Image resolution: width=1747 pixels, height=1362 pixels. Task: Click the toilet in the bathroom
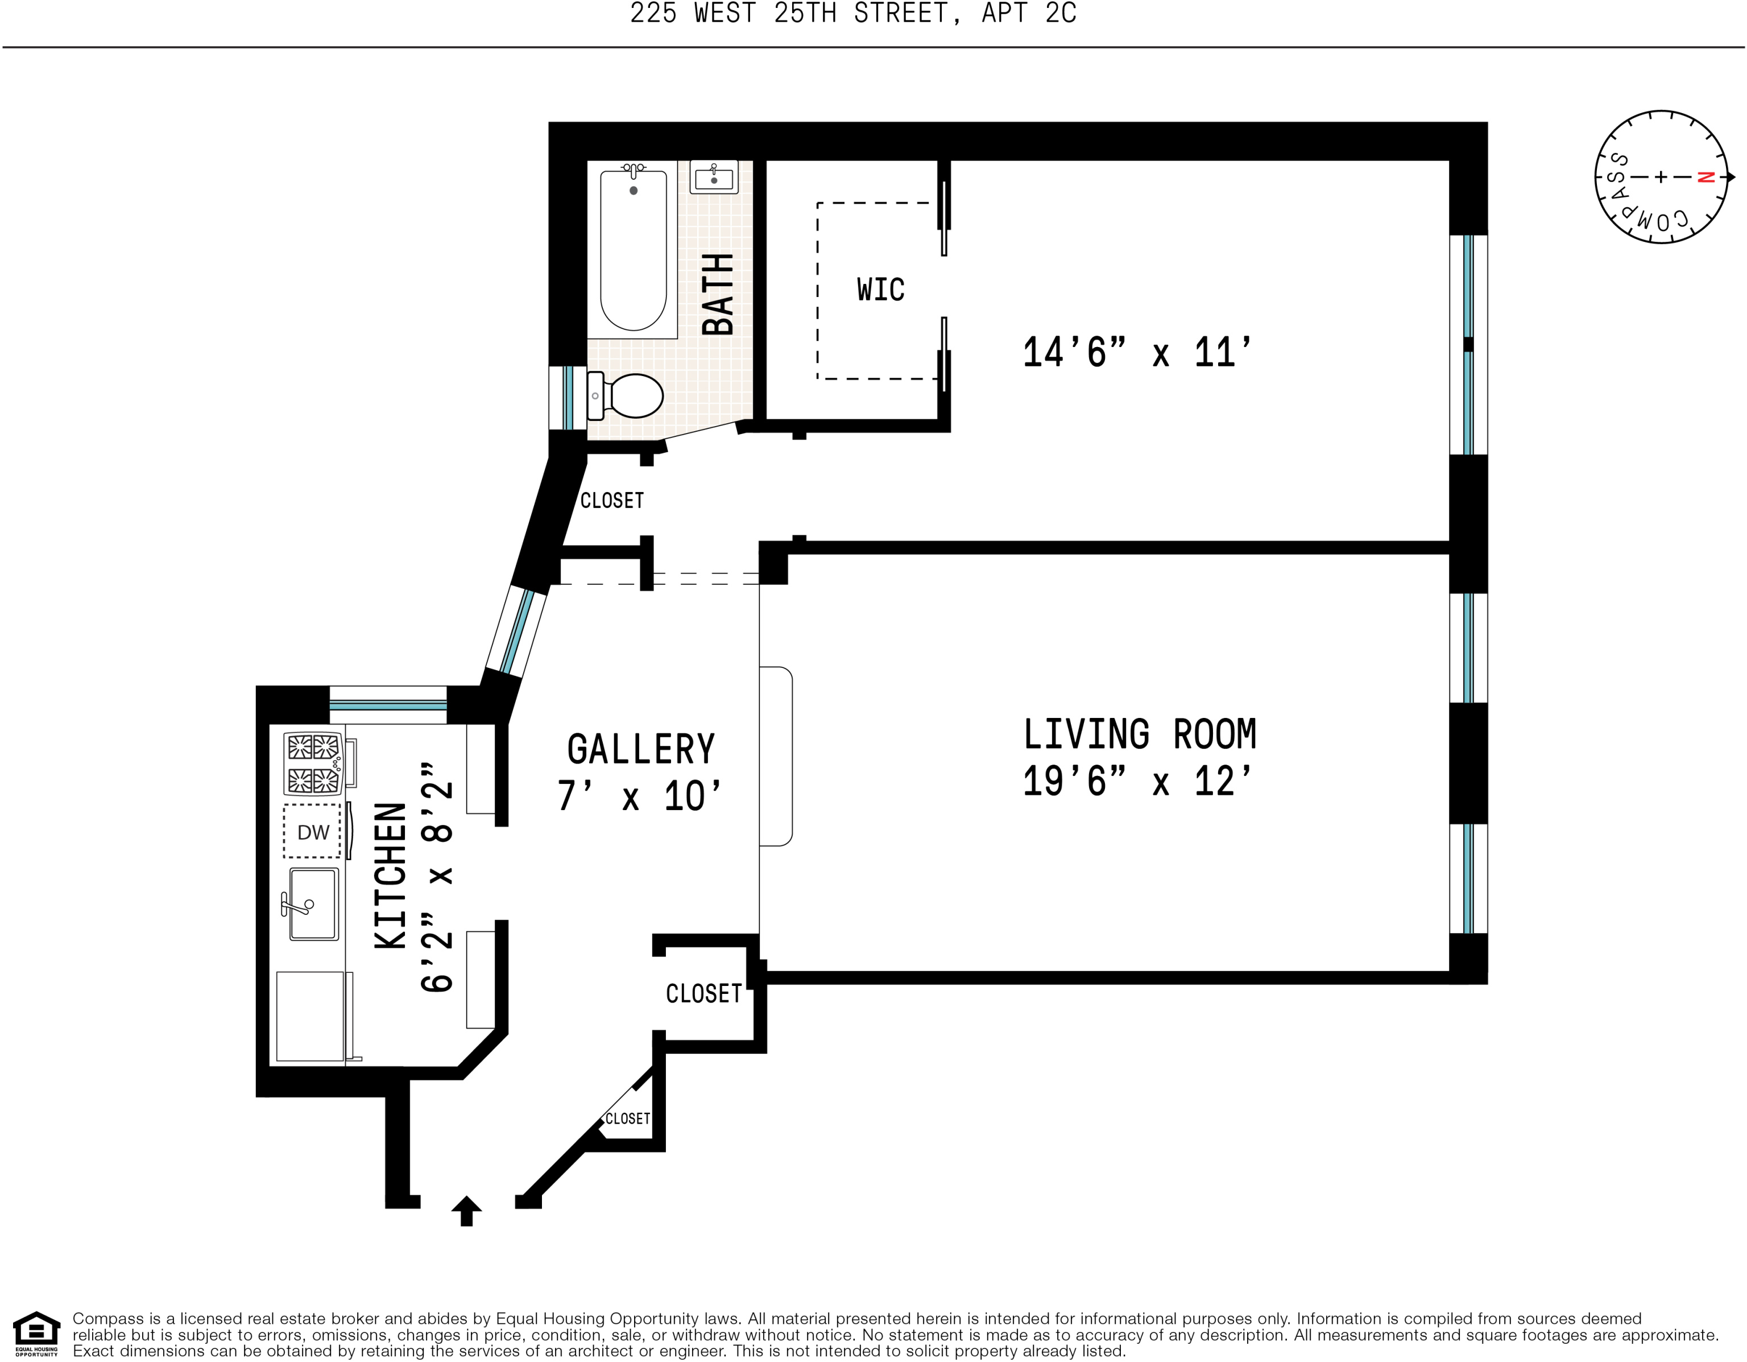(626, 395)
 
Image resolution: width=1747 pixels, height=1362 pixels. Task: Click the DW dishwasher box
(313, 831)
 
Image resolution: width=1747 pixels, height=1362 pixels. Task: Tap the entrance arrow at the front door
(466, 1211)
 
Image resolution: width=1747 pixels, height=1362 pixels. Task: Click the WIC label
(881, 290)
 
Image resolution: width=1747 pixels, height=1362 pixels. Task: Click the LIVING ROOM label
(1140, 734)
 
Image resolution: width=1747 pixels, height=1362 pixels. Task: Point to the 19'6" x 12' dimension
(1137, 781)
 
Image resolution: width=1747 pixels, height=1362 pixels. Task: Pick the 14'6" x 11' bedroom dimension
(1137, 352)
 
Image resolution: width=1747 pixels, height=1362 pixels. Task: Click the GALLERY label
(641, 750)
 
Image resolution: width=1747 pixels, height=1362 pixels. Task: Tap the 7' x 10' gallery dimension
(639, 796)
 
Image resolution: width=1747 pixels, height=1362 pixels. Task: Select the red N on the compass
(1705, 177)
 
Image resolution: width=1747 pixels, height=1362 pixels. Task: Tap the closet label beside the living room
(704, 994)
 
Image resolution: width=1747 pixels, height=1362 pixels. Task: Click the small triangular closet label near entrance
(627, 1119)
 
